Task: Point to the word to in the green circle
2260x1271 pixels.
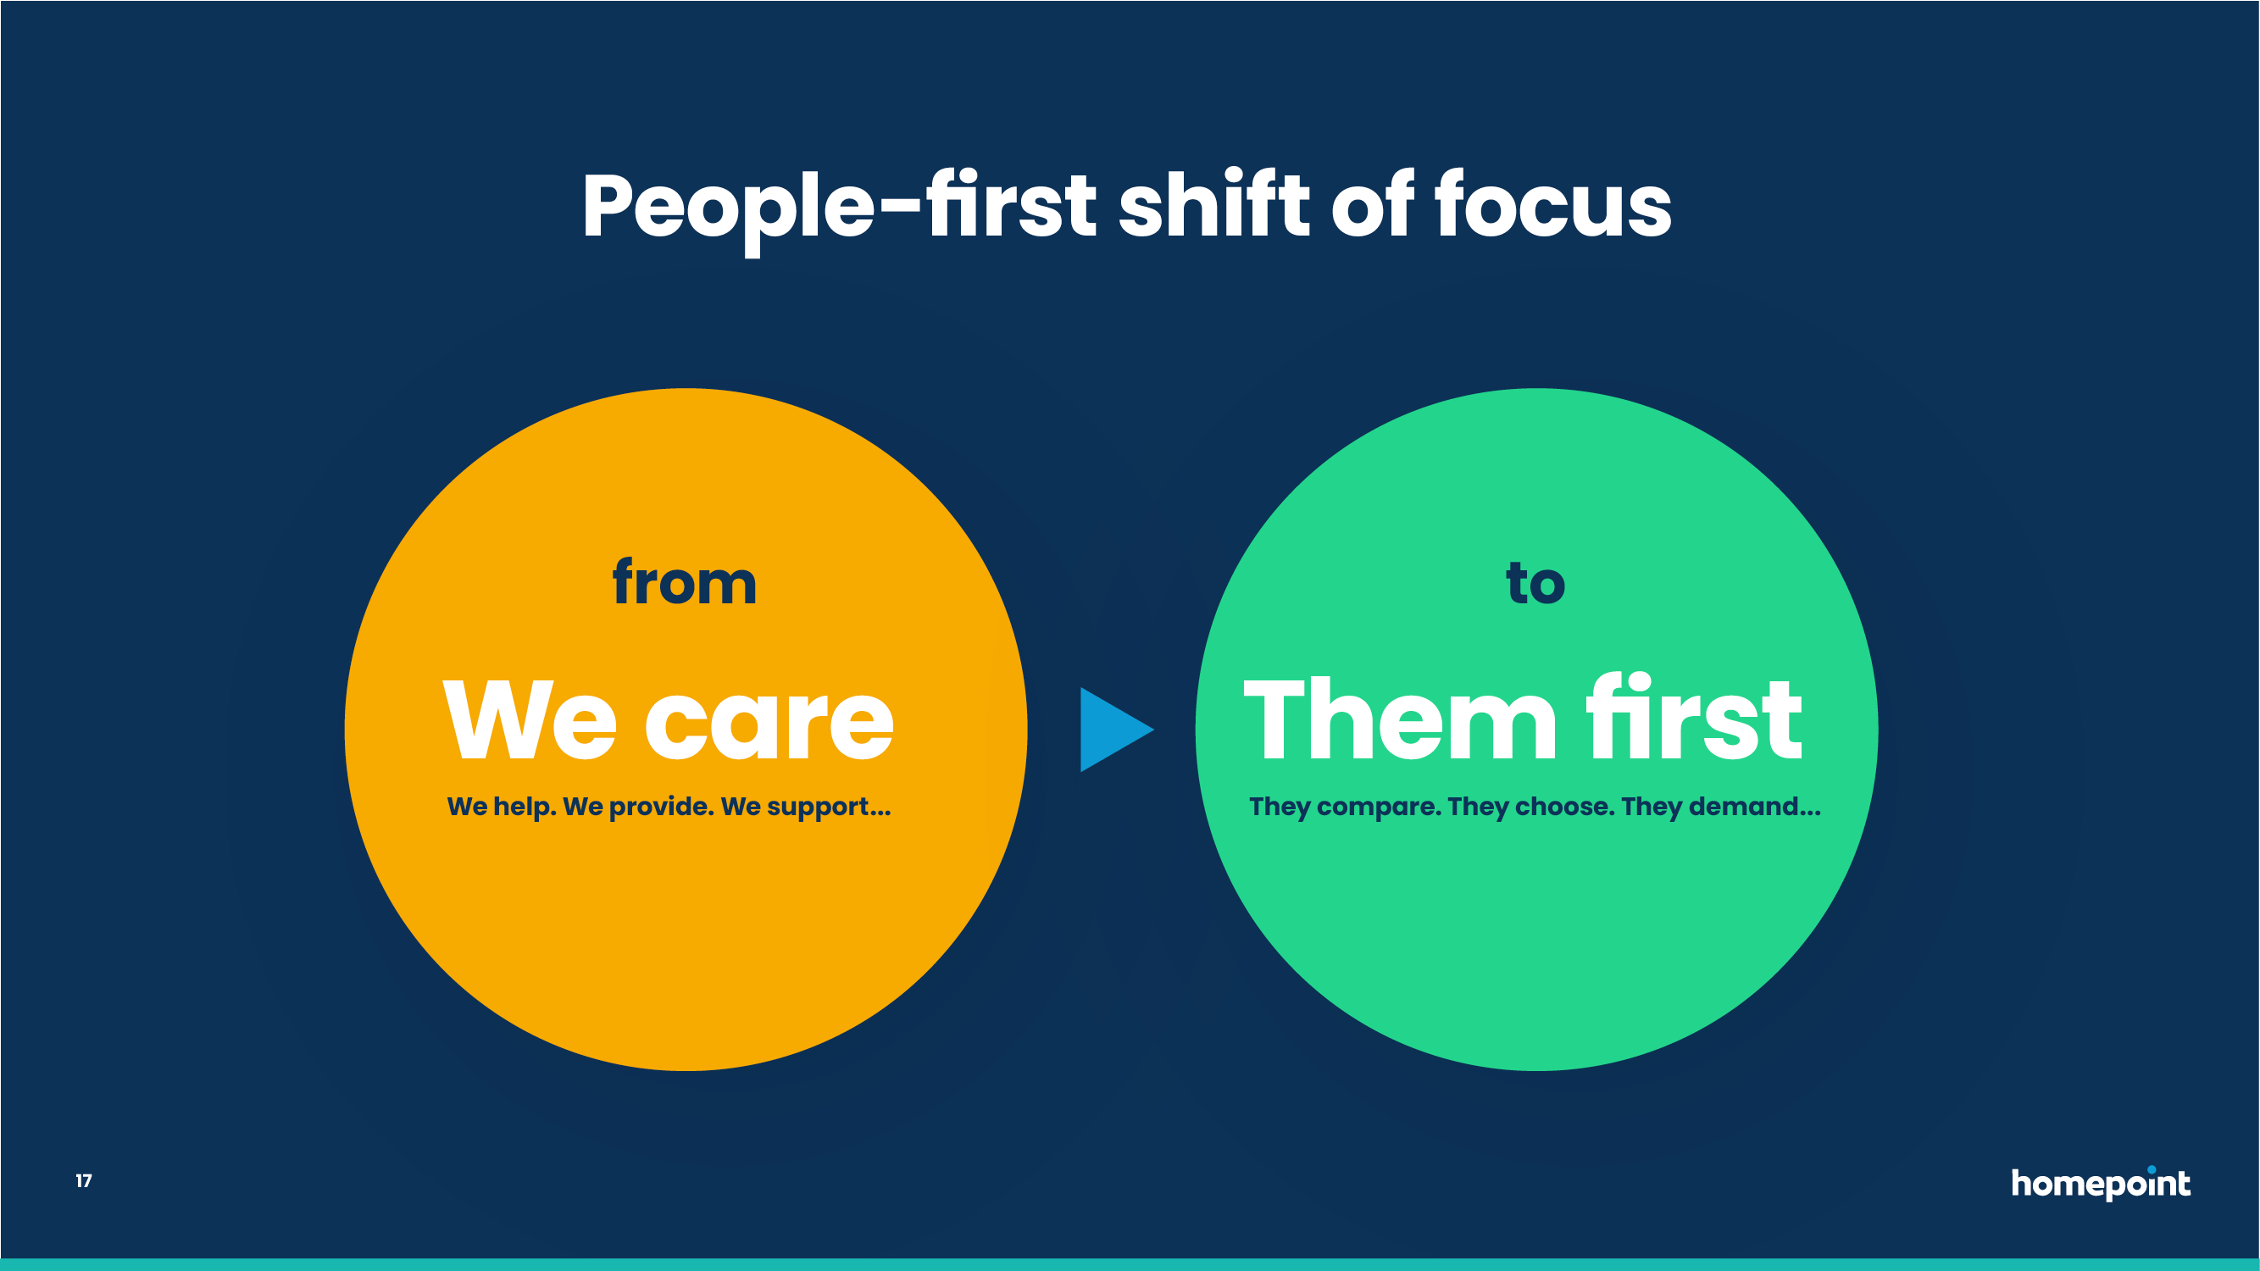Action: tap(1535, 582)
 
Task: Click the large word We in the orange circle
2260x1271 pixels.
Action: tap(530, 720)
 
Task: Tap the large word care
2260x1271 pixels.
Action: tap(770, 724)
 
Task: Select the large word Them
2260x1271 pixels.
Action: tap(1400, 719)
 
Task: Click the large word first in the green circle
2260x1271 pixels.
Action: tap(1694, 717)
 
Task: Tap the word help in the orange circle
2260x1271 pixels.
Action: tap(525, 807)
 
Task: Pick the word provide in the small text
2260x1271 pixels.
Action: tap(662, 807)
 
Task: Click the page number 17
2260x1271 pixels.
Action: tap(83, 1180)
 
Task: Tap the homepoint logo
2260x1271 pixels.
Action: tap(2102, 1183)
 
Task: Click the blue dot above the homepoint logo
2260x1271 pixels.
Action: tap(2152, 1169)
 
